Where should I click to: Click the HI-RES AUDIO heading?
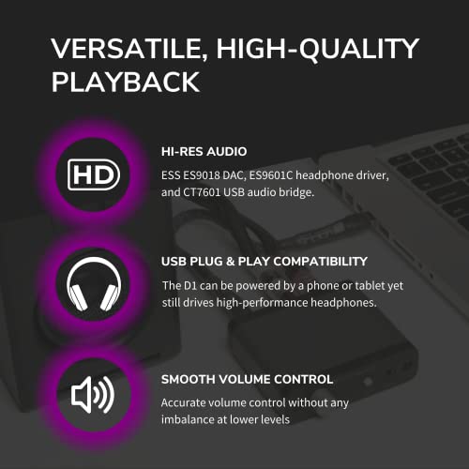click(205, 150)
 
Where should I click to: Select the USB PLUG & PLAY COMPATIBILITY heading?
click(265, 261)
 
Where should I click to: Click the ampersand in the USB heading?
click(233, 261)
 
